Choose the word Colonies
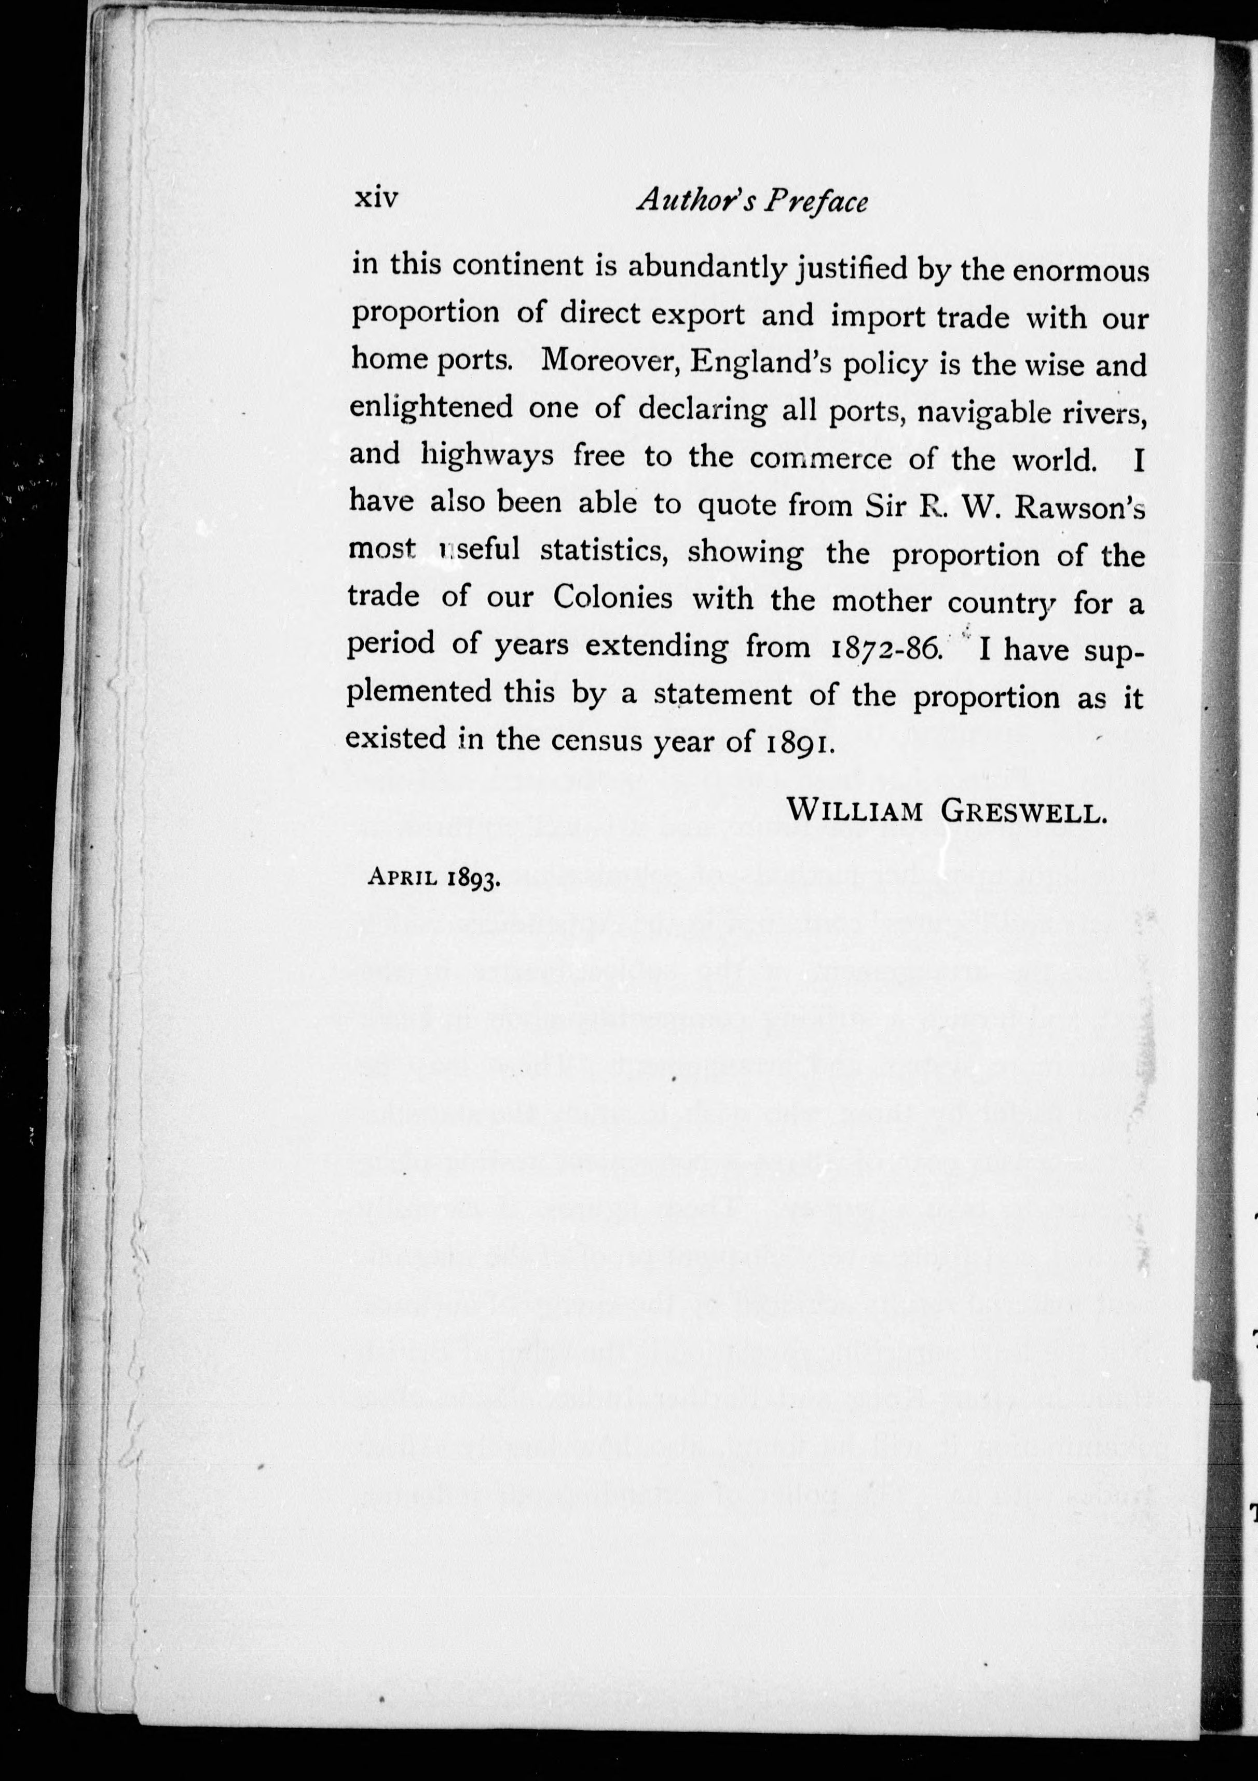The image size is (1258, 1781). (613, 597)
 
